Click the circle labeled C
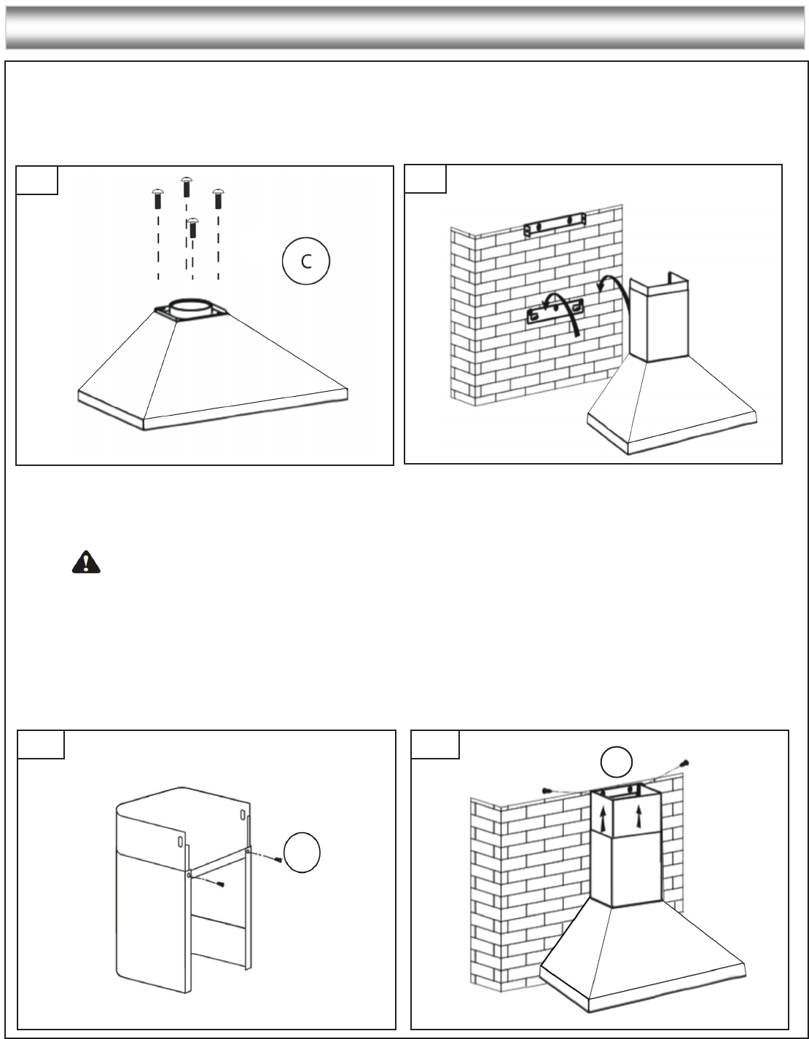306,261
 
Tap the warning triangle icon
86,562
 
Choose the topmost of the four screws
186,185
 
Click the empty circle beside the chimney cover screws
302,853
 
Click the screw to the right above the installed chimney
684,764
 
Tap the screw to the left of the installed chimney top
549,789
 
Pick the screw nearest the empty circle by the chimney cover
278,859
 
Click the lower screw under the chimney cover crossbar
219,884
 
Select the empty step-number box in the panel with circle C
37,180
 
